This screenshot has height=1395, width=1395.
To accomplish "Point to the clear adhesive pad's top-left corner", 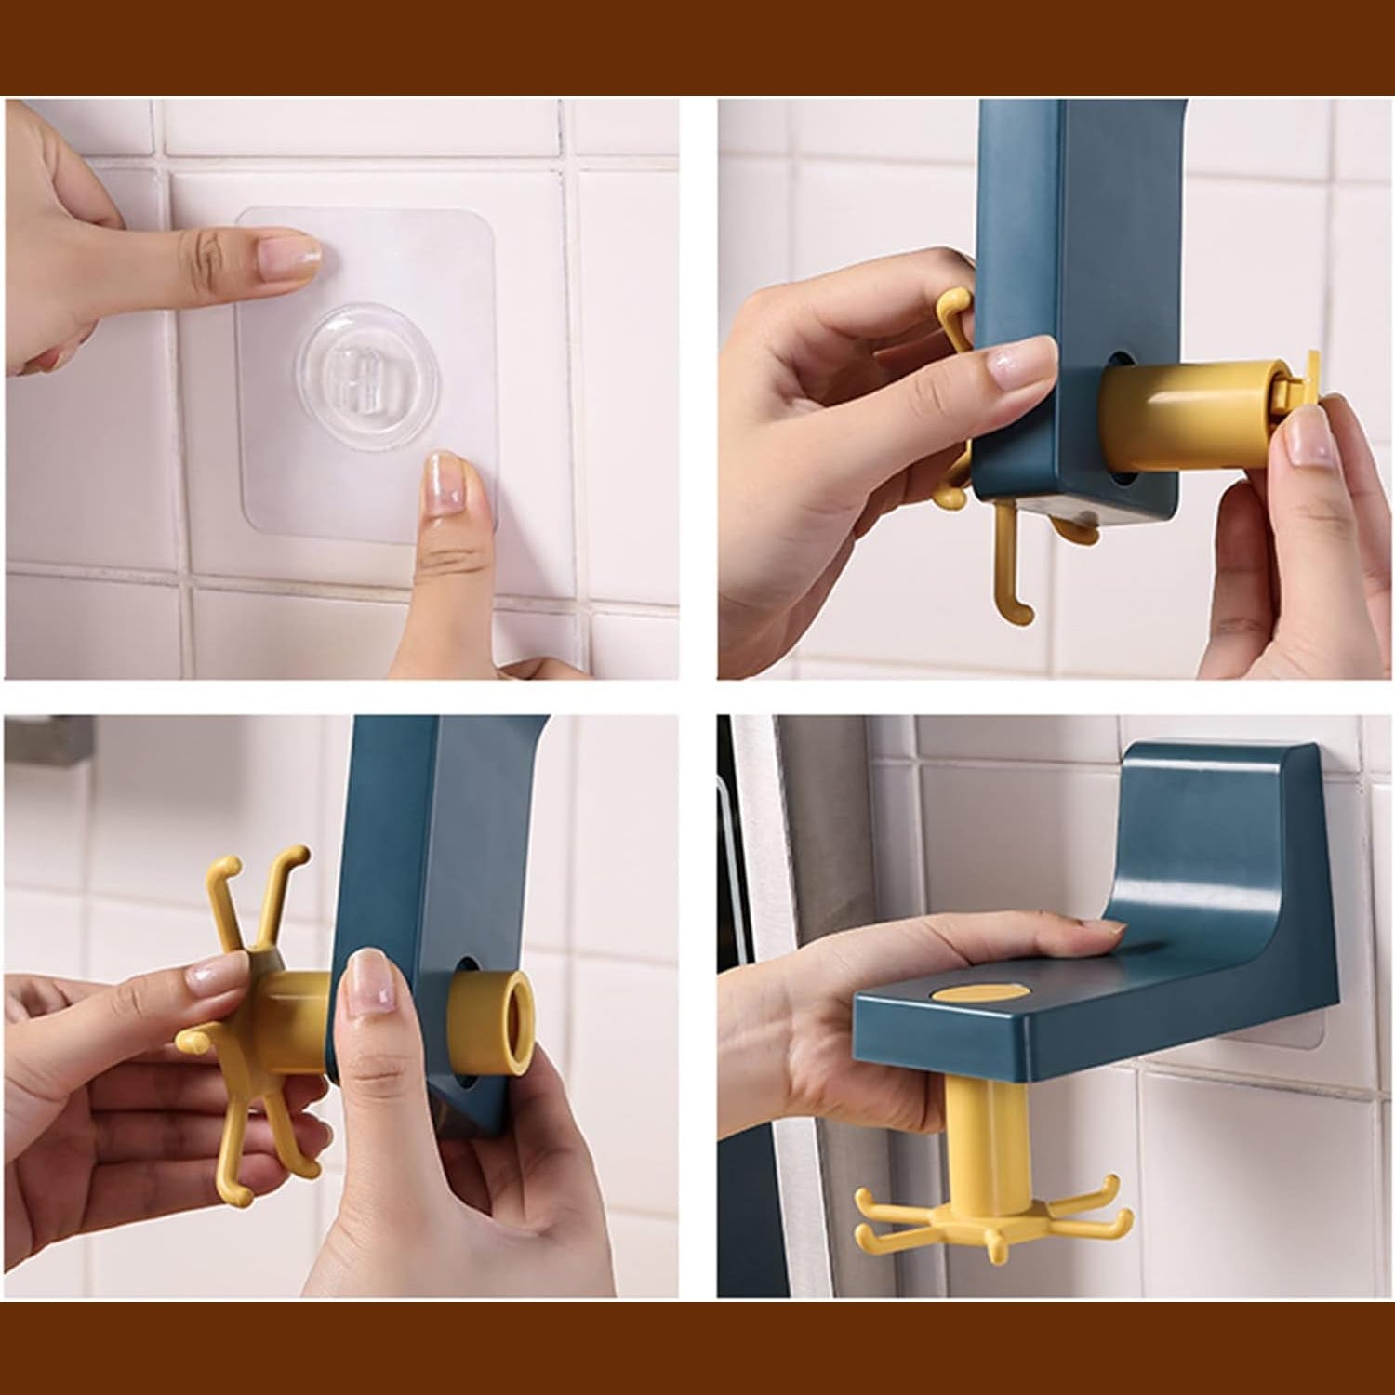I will point(244,216).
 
